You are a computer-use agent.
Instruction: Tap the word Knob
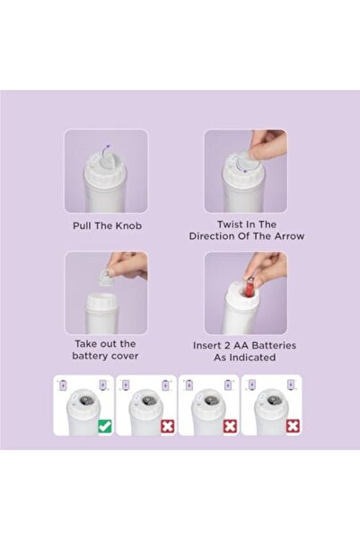127,226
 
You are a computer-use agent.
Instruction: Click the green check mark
105,427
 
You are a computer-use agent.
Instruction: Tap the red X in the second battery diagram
166,427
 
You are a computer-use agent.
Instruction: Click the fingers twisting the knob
267,144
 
